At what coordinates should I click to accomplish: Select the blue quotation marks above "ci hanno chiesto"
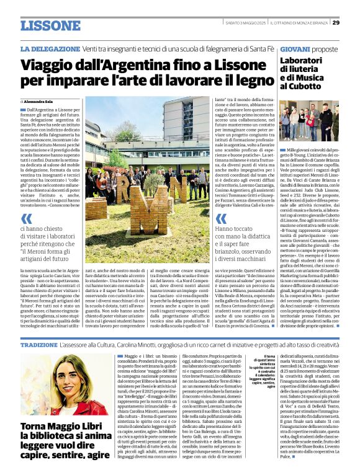coord(27,218)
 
